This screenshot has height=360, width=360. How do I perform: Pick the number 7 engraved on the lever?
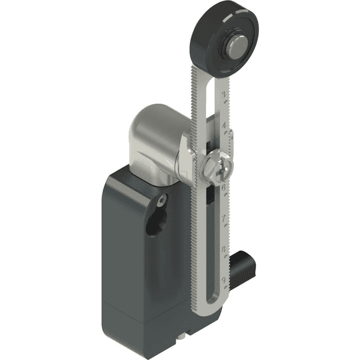tap(224, 219)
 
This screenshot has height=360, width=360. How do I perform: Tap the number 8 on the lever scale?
tap(224, 248)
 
